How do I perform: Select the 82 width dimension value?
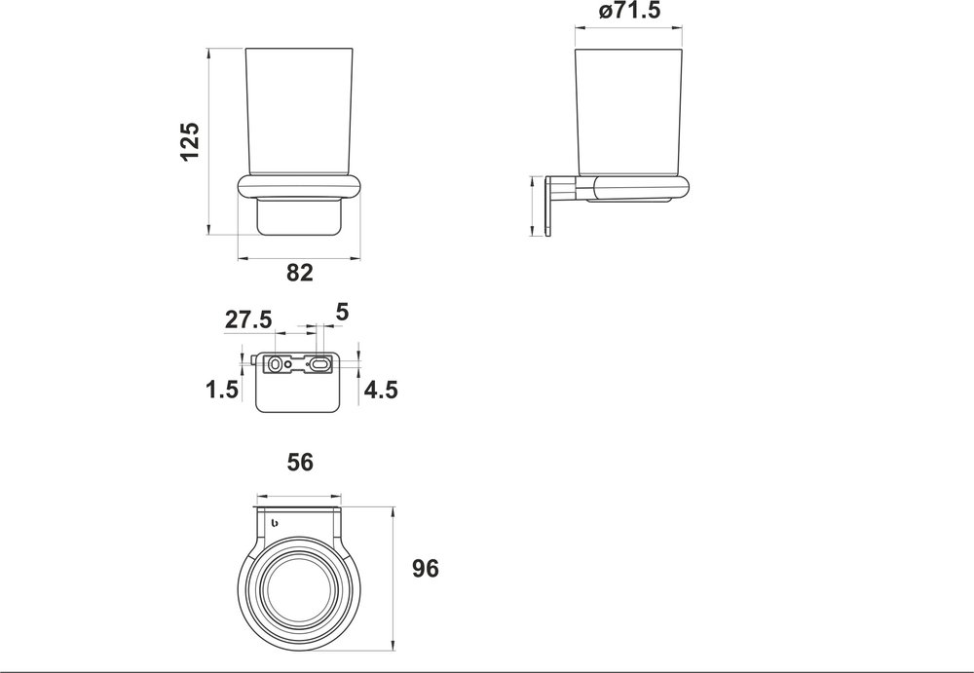(x=300, y=274)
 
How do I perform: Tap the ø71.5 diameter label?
(x=631, y=13)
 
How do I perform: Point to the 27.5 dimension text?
(x=249, y=319)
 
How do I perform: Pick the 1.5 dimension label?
(x=222, y=391)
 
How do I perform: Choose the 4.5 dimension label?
(x=380, y=391)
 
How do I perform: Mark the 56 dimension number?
(x=300, y=464)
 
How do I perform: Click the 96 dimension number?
(x=426, y=569)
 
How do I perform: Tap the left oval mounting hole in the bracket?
(x=277, y=364)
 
